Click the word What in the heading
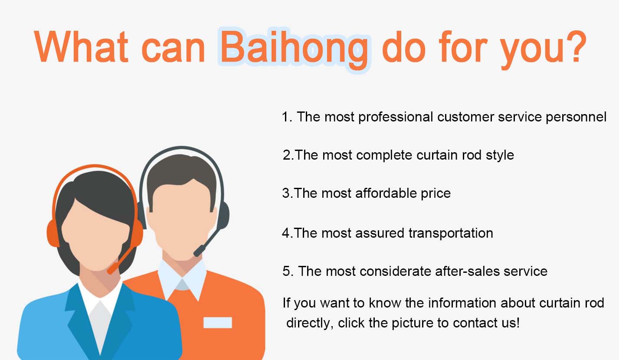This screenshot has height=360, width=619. (81, 46)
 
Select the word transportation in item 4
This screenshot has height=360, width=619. (451, 233)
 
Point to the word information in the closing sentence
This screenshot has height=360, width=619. (462, 303)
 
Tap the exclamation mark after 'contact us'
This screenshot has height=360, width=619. (517, 322)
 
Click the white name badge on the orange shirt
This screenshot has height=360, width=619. (217, 322)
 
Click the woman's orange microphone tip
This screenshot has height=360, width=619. (111, 269)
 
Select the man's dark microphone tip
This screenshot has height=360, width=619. (198, 252)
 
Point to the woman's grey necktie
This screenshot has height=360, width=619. (100, 326)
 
